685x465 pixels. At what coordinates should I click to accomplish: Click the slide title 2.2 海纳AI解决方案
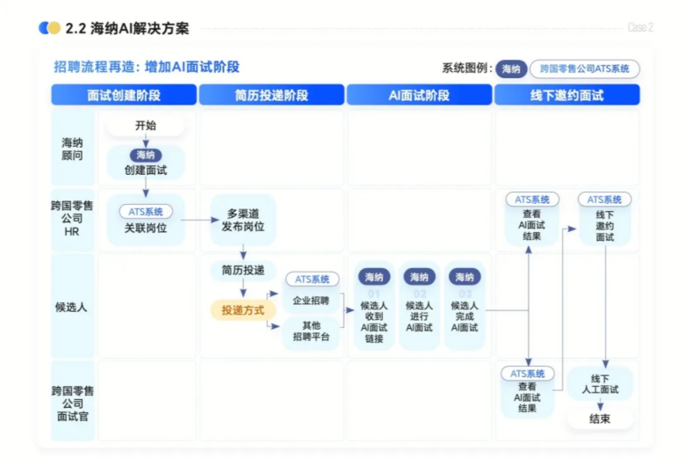point(127,28)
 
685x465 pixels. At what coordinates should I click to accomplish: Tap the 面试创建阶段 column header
point(124,95)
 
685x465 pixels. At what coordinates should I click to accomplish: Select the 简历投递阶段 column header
point(271,95)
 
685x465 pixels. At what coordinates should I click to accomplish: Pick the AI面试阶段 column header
point(419,95)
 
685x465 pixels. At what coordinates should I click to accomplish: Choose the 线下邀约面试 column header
point(566,95)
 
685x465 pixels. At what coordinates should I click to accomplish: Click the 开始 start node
point(146,126)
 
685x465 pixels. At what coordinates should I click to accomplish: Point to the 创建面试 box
point(146,163)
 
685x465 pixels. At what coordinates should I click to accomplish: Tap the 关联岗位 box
point(146,220)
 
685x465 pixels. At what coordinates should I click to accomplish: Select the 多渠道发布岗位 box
point(244,220)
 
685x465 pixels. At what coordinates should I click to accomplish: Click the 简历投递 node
point(243,270)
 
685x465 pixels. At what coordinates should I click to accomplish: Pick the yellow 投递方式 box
point(243,309)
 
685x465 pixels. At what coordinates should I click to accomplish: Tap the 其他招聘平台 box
point(311,331)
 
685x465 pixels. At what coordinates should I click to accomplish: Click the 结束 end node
point(600,418)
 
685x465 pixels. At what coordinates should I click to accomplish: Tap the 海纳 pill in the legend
point(511,69)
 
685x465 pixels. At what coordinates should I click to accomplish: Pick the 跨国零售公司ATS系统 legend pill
point(584,69)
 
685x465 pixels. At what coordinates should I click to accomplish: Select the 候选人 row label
point(72,307)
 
